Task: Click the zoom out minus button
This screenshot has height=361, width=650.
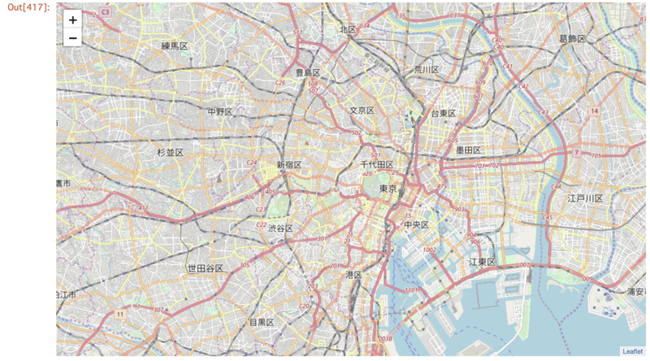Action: tap(73, 38)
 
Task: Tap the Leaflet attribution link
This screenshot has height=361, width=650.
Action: tap(632, 351)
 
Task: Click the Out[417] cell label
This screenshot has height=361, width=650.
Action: tap(28, 7)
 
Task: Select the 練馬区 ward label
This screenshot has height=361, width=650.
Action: tap(175, 46)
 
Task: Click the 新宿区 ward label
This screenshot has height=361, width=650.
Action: tap(289, 165)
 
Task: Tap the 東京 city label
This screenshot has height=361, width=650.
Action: tap(388, 189)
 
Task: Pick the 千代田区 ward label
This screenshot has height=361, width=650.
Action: tap(377, 165)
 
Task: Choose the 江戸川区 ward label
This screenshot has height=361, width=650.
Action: tap(585, 198)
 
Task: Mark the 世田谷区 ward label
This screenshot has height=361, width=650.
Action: tap(205, 268)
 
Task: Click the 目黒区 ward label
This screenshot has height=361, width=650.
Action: tap(262, 323)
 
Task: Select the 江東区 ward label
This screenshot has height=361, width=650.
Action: tap(482, 262)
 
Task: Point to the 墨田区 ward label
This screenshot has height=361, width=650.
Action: tap(469, 150)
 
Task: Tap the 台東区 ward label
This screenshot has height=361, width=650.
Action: tap(443, 113)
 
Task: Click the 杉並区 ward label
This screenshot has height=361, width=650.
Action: tap(170, 152)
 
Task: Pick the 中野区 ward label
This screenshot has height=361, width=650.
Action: tap(219, 111)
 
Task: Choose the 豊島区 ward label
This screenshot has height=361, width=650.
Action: tap(307, 72)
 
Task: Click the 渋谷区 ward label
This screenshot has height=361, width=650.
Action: tap(280, 228)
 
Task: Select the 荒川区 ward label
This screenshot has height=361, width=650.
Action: tap(426, 70)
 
